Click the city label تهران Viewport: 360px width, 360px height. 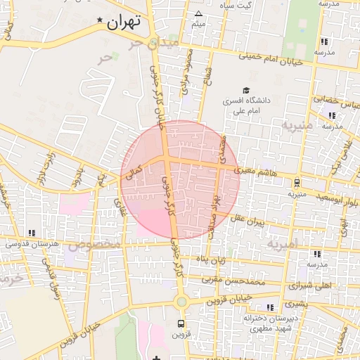coord(124,22)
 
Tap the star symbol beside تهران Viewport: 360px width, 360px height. coord(100,20)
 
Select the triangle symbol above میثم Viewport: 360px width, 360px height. coord(198,14)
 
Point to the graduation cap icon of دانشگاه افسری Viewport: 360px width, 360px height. coord(246,90)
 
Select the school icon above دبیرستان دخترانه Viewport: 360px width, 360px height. coord(271,307)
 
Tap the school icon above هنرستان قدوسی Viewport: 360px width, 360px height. coord(31,233)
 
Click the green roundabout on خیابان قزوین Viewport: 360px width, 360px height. coord(181,302)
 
